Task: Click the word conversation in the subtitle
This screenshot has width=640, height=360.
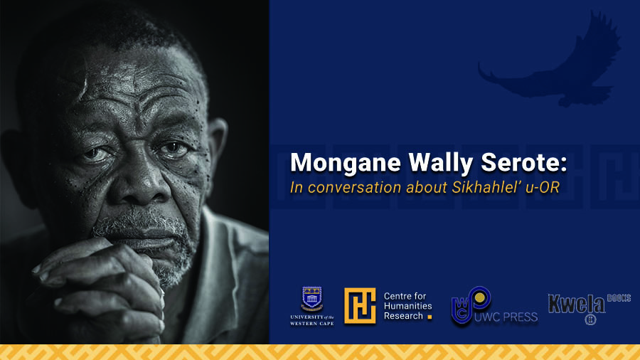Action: click(355, 187)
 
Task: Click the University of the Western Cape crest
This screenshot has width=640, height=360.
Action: click(312, 299)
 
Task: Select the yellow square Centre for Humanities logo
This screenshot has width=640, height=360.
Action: click(360, 306)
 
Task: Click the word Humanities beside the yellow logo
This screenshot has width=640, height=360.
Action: click(407, 306)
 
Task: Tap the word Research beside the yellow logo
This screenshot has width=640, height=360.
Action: click(403, 316)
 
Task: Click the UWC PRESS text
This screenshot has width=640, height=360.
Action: click(506, 317)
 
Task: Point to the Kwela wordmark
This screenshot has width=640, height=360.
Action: click(576, 304)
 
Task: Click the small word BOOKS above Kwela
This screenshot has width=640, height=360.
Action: click(619, 298)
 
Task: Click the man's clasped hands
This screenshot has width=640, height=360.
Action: click(102, 286)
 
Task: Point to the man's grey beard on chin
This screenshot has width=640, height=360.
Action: click(164, 253)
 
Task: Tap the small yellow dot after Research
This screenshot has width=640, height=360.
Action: click(430, 317)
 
